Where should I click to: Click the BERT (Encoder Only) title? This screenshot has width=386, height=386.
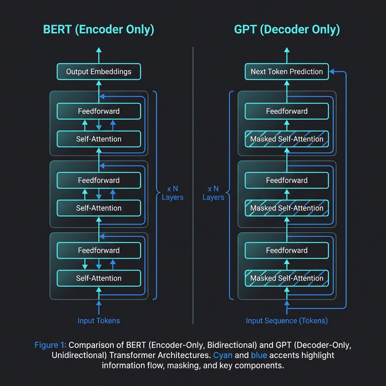pyautogui.click(x=99, y=30)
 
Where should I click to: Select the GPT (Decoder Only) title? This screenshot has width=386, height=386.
pyautogui.click(x=287, y=30)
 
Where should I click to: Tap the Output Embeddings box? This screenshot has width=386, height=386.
pyautogui.click(x=99, y=72)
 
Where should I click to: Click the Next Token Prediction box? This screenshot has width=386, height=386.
pyautogui.click(x=287, y=72)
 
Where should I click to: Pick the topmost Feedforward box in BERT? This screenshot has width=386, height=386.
pyautogui.click(x=99, y=111)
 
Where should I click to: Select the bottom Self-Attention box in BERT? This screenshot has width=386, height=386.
pyautogui.click(x=99, y=278)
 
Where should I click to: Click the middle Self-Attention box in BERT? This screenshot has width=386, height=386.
pyautogui.click(x=99, y=208)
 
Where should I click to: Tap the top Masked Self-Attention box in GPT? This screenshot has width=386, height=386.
pyautogui.click(x=287, y=139)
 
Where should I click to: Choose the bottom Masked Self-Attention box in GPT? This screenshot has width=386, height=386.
pyautogui.click(x=287, y=278)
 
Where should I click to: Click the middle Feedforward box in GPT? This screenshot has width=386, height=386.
pyautogui.click(x=287, y=180)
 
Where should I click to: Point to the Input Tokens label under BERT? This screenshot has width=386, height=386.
pyautogui.click(x=99, y=321)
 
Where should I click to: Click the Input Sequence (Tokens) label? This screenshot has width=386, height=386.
pyautogui.click(x=287, y=321)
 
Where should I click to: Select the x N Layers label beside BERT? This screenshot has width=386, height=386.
pyautogui.click(x=173, y=193)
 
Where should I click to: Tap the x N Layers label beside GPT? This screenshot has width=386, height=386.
pyautogui.click(x=213, y=193)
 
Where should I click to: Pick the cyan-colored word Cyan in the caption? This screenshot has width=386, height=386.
pyautogui.click(x=223, y=355)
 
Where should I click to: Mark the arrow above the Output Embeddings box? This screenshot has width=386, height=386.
pyautogui.click(x=99, y=55)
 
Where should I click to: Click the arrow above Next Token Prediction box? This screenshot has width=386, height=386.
pyautogui.click(x=287, y=55)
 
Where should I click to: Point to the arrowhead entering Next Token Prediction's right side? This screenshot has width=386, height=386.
pyautogui.click(x=332, y=72)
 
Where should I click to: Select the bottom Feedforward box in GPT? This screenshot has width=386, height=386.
pyautogui.click(x=287, y=250)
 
